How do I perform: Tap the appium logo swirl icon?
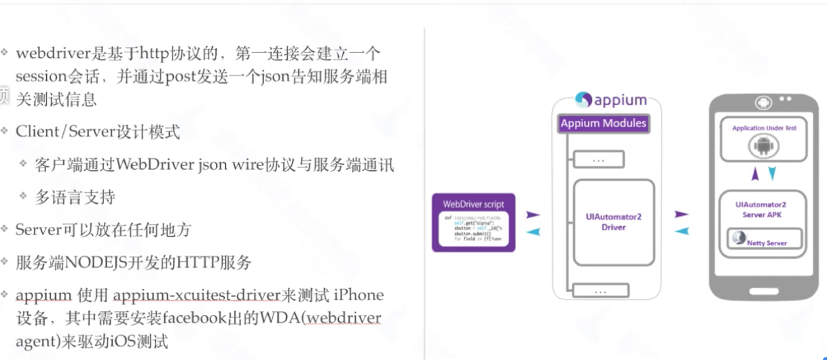point(583,100)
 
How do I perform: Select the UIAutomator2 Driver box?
point(613,222)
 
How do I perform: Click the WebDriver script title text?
point(473,203)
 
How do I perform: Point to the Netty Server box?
point(764,240)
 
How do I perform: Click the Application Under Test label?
point(764,128)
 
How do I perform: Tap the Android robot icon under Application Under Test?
point(763,146)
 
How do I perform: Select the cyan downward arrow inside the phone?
point(772,175)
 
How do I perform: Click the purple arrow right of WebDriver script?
point(533,215)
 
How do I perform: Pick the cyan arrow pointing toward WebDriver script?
point(533,232)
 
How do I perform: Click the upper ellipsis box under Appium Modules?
point(598,160)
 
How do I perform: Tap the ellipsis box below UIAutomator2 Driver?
point(598,291)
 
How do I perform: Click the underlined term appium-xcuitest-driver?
point(197,295)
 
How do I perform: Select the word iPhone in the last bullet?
point(359,295)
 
